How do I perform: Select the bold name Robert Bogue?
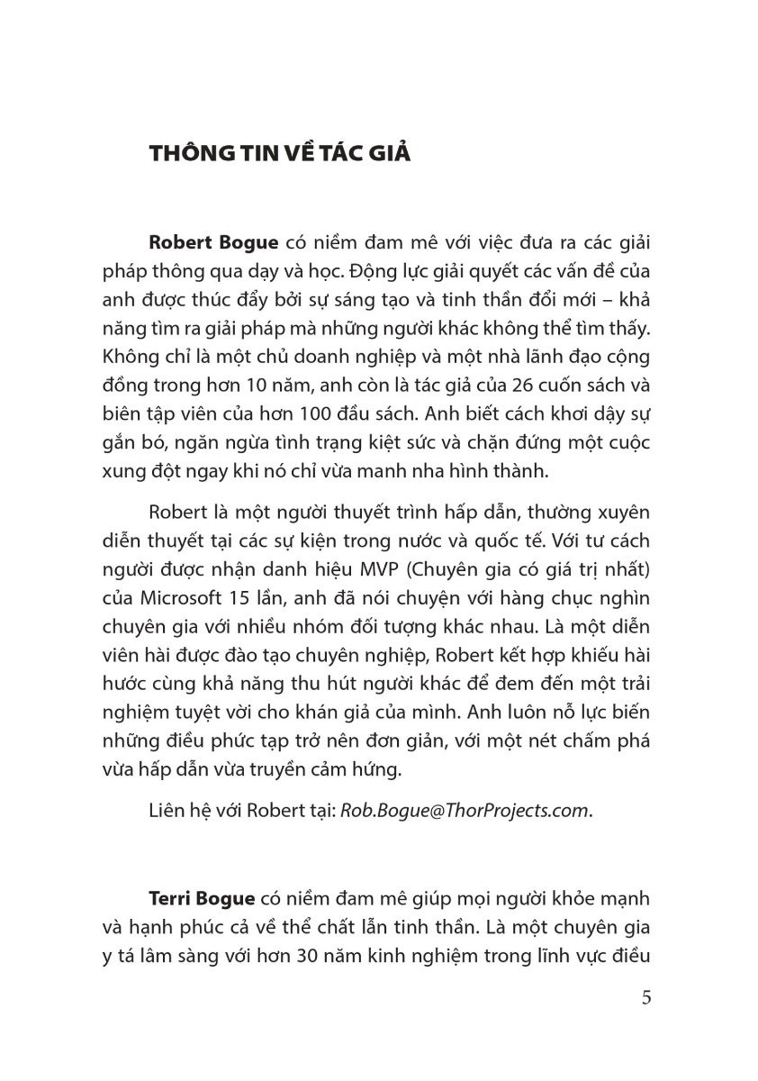(x=216, y=244)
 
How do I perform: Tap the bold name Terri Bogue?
(x=203, y=900)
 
